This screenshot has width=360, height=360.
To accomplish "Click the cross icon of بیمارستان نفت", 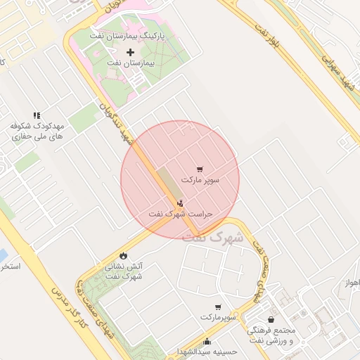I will click(130, 53).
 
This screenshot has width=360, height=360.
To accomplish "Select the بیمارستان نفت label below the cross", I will click(130, 63).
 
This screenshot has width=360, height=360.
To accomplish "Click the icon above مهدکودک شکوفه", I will click(37, 115).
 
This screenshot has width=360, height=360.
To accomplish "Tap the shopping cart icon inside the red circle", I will click(200, 169).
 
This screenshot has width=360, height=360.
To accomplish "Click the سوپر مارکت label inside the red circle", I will click(200, 180).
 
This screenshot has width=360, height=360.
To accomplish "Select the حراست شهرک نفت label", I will click(181, 213).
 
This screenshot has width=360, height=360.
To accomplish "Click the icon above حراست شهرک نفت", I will click(181, 202).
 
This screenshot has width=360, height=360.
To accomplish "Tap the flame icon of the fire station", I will click(124, 255).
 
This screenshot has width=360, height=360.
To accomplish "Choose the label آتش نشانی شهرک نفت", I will click(124, 271).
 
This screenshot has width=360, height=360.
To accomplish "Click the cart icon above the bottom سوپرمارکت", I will click(218, 307).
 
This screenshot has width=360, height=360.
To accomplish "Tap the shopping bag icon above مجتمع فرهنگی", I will click(271, 320).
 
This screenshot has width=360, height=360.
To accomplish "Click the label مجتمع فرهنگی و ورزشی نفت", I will click(271, 335).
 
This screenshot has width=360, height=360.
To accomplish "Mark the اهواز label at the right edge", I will click(352, 283).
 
